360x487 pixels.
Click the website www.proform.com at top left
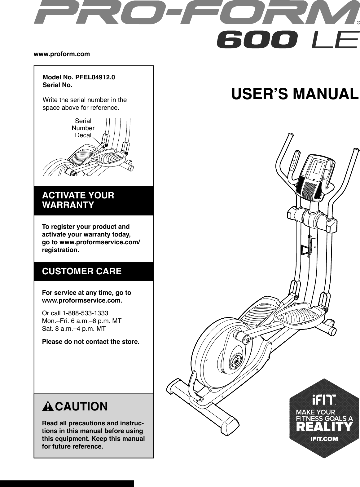click(62, 54)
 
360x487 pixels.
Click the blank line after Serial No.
click(104, 86)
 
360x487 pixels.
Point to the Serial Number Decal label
click(83, 128)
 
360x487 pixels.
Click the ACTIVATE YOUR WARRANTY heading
click(78, 200)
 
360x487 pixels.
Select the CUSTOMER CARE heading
click(82, 272)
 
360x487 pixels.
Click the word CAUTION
click(81, 406)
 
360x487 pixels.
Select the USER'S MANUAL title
click(295, 94)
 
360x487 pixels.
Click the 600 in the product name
click(257, 41)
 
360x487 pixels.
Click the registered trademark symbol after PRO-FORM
click(358, 23)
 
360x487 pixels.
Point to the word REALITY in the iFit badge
click(324, 427)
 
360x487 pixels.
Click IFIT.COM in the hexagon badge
click(324, 439)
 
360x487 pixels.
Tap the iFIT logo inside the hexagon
click(324, 402)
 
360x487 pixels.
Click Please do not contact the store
click(90, 342)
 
